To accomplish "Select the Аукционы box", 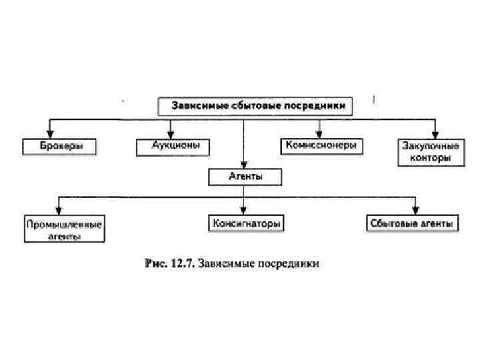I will tap(172, 146).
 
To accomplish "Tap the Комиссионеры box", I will tap(320, 145).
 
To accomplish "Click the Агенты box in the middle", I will tap(245, 177).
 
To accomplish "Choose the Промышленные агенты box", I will tap(64, 230).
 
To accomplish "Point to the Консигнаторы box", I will tap(245, 223).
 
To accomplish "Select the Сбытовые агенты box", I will tap(413, 223).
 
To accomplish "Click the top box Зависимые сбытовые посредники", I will tap(255, 106).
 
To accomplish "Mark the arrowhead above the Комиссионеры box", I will tap(319, 132).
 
